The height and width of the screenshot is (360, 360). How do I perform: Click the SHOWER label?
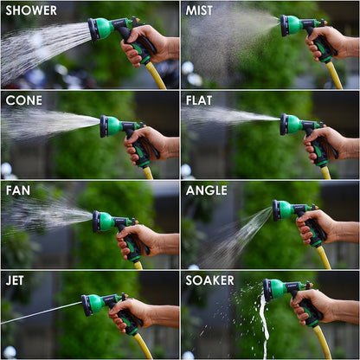tap(31, 11)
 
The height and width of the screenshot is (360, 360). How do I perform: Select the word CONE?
tap(24, 100)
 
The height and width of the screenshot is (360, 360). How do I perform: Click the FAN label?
tap(18, 190)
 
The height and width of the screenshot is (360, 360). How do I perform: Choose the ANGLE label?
tap(209, 190)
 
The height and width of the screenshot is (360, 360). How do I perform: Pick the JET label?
tap(16, 280)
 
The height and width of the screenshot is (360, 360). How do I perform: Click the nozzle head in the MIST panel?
tap(286, 26)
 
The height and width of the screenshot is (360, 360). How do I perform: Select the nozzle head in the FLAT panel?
tap(286, 125)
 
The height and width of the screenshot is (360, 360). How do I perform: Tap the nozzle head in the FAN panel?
tap(99, 222)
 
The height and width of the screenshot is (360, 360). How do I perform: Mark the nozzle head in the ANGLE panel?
tap(278, 210)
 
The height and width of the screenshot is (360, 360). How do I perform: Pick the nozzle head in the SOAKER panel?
tap(269, 290)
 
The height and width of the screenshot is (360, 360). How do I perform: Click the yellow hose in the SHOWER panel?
tap(157, 77)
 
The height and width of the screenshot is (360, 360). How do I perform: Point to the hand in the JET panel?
tap(128, 313)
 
